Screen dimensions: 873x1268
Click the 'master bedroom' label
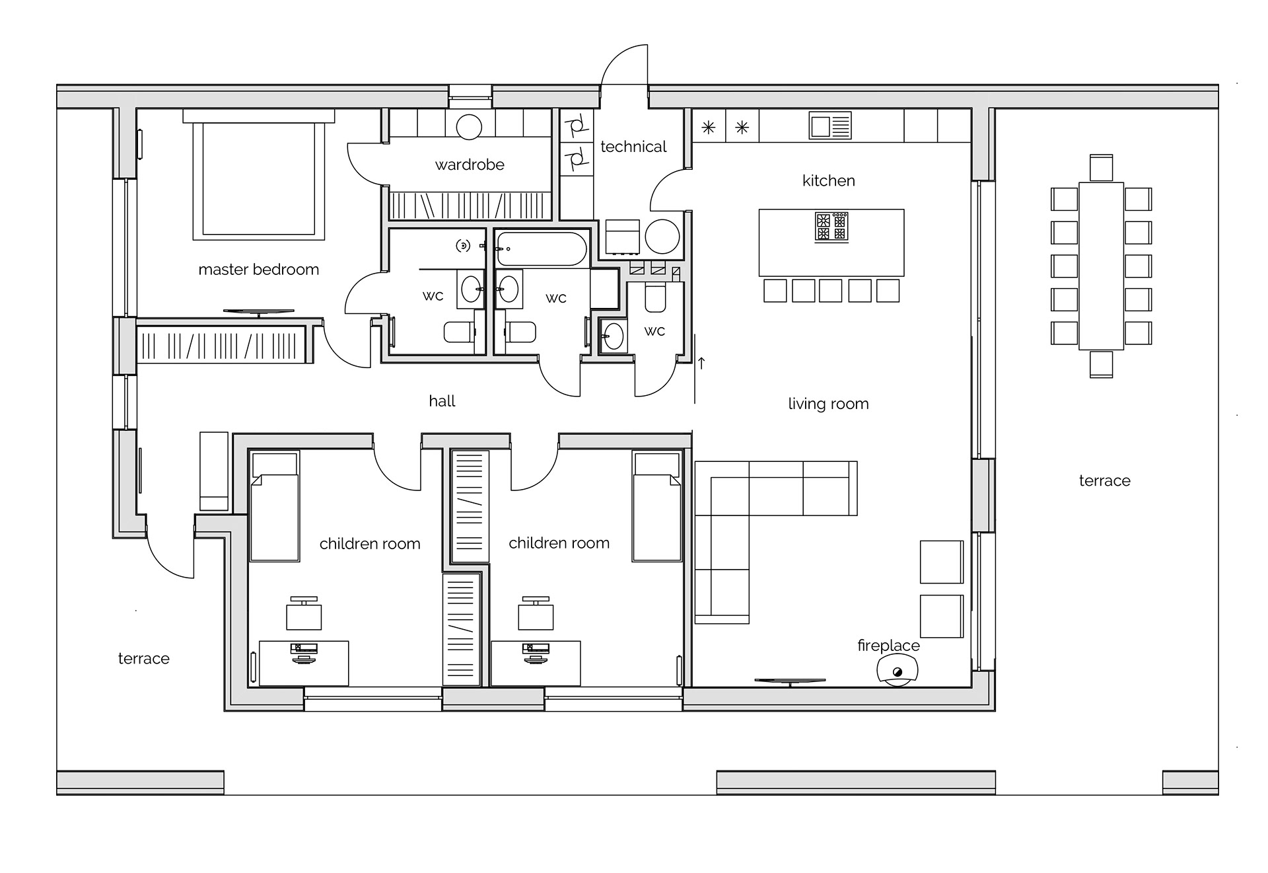(258, 270)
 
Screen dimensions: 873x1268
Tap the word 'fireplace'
(888, 646)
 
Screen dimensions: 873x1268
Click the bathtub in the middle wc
(541, 248)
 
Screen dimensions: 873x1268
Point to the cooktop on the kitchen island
(831, 227)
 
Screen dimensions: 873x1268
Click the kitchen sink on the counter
(830, 126)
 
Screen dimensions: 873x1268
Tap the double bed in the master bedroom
(259, 178)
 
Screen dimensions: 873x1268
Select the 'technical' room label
(633, 147)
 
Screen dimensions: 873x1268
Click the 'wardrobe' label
(470, 165)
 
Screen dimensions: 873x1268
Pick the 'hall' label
(442, 401)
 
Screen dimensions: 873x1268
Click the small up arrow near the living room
(701, 362)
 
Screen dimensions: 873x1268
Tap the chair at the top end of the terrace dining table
(1101, 167)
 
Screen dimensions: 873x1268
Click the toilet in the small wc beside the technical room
(655, 299)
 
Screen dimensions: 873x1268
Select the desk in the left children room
(304, 663)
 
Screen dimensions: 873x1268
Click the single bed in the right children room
(656, 507)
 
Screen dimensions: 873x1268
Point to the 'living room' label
(828, 404)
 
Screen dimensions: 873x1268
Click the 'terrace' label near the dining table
(1104, 481)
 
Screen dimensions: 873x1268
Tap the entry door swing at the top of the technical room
(624, 66)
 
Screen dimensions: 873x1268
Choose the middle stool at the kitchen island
(831, 291)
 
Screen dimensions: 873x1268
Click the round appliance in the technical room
(662, 237)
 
